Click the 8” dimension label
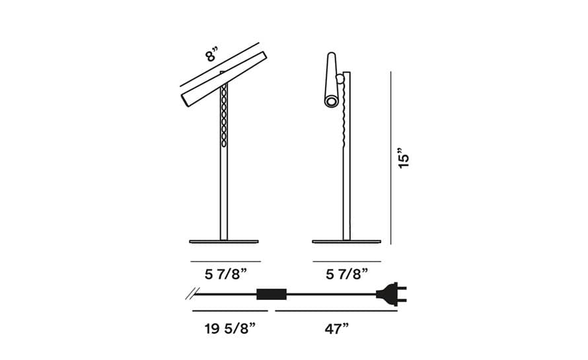pyautogui.click(x=211, y=54)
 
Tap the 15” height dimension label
pyautogui.click(x=404, y=158)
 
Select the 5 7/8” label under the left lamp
pyautogui.click(x=226, y=274)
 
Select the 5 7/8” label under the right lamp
pyautogui.click(x=347, y=274)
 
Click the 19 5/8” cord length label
pyautogui.click(x=230, y=329)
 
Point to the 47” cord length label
pyautogui.click(x=337, y=329)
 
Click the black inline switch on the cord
pyautogui.click(x=272, y=294)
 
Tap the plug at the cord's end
pyautogui.click(x=391, y=294)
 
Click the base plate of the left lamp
pyautogui.click(x=224, y=242)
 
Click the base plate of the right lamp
pyautogui.click(x=346, y=242)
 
